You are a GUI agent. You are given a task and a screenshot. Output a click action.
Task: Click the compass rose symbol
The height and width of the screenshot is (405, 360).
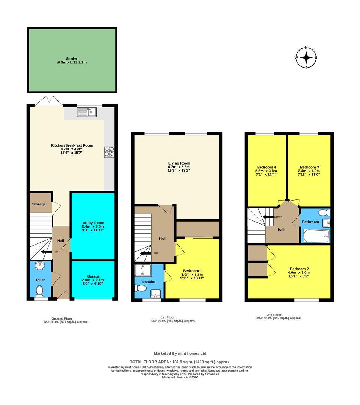click(x=306, y=58)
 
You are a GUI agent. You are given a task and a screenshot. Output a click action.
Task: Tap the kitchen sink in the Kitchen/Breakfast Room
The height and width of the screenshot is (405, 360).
click(x=86, y=111)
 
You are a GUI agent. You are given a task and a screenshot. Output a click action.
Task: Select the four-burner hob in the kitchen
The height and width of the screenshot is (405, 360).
click(x=109, y=152)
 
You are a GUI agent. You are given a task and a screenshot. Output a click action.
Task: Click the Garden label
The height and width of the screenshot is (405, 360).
click(x=72, y=59)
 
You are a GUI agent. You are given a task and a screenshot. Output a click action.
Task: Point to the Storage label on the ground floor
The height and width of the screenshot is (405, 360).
click(x=39, y=204)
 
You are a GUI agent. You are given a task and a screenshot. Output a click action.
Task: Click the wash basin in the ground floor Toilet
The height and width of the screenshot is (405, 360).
click(x=40, y=266)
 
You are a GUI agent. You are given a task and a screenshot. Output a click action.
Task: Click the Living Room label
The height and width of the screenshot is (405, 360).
click(x=179, y=163)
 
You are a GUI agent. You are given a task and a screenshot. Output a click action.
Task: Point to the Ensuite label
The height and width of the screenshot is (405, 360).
click(x=148, y=282)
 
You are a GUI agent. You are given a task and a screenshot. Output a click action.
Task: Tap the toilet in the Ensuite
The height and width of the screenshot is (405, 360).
click(x=140, y=288)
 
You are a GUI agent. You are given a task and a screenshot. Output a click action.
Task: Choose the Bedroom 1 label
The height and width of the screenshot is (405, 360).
click(x=192, y=271)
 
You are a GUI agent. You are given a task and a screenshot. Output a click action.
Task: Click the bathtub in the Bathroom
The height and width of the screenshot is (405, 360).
click(x=316, y=236)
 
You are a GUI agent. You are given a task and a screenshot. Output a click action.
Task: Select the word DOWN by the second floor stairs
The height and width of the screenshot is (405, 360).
click(x=278, y=217)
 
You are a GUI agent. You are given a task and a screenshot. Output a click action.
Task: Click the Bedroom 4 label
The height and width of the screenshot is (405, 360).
click(x=267, y=167)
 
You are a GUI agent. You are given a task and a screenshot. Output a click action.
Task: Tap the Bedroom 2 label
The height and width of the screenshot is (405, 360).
click(x=299, y=268)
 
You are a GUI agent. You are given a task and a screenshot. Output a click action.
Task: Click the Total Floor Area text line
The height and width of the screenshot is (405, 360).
click(x=180, y=361)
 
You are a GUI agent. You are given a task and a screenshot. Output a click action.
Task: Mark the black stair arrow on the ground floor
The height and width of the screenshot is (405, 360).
click(x=46, y=252)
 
